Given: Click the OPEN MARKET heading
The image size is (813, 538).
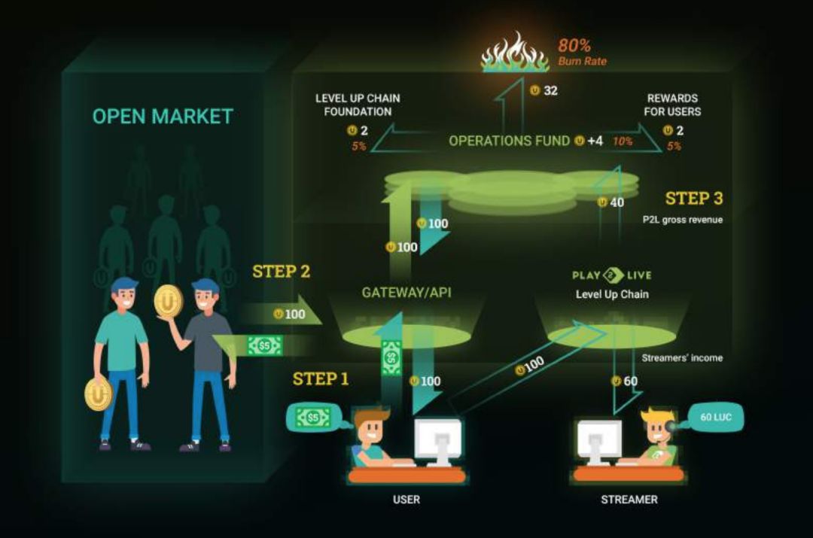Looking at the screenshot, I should point(163,117).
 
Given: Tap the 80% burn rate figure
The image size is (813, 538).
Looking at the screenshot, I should point(574,45).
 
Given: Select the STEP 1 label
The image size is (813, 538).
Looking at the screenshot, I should point(321,378).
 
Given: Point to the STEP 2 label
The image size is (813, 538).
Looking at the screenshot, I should point(281,271).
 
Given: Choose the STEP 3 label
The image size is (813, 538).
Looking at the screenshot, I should point(694,199).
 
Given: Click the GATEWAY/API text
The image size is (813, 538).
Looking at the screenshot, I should point(406,293).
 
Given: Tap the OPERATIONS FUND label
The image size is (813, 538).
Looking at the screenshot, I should point(509,141).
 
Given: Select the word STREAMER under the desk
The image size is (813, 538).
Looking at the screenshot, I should point(629,499).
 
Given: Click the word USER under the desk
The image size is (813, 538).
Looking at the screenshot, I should point(406,499).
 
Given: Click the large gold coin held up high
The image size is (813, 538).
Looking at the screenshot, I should point(168,300).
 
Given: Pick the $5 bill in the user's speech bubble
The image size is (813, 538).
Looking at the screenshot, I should point(312,416).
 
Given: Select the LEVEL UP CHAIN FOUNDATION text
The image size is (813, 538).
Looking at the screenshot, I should point(358,105).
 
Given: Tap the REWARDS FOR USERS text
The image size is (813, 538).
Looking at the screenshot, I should point(673,105).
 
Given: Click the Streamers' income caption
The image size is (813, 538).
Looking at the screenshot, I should point(682,358).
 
